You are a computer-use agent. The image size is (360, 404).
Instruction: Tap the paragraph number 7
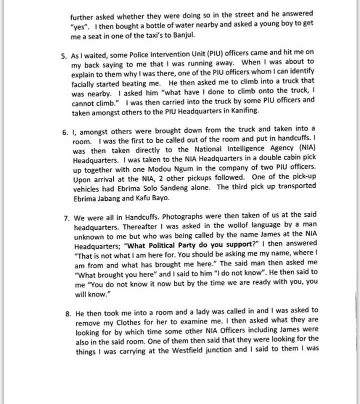point(65,219)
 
